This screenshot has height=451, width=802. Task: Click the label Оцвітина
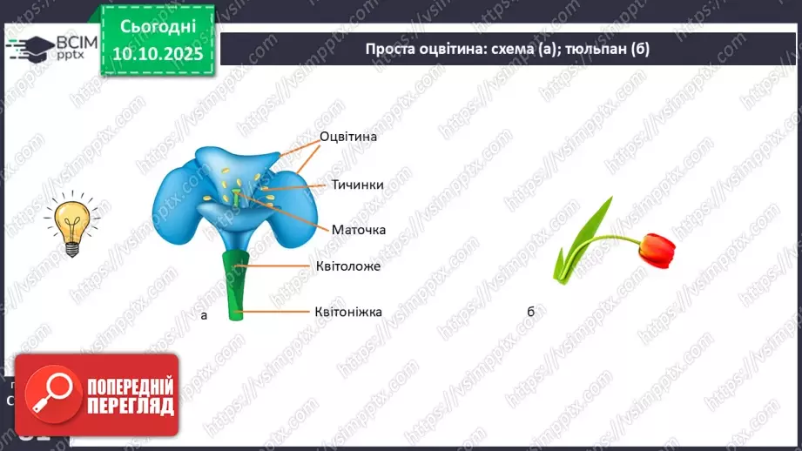348,137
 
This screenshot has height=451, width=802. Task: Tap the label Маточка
358,230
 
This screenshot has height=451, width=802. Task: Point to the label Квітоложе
348,266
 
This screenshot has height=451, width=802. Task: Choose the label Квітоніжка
348,311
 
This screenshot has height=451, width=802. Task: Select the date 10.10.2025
158,54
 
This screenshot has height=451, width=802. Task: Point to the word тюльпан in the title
593,49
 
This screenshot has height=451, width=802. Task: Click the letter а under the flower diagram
204,315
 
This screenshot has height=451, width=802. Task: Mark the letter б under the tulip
530,313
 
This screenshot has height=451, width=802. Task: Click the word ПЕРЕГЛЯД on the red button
131,406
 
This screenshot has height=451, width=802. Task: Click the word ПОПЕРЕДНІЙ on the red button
131,386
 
